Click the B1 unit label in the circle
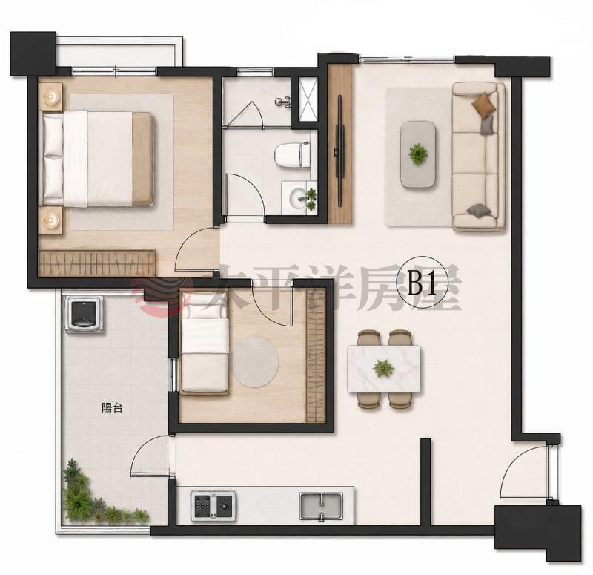click(x=422, y=283)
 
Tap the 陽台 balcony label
click(x=112, y=407)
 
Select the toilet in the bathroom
click(x=292, y=154)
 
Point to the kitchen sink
click(x=321, y=506)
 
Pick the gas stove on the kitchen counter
click(x=213, y=506)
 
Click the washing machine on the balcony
click(x=84, y=314)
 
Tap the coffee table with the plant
click(x=418, y=154)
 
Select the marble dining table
click(x=383, y=369)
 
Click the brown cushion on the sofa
click(x=484, y=104)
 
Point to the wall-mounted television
click(x=340, y=151)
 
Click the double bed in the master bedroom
click(x=98, y=159)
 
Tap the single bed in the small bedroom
click(x=205, y=343)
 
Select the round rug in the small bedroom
click(x=255, y=361)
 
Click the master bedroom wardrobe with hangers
click(x=97, y=263)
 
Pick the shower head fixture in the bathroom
click(x=284, y=102)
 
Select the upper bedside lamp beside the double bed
click(x=50, y=96)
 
